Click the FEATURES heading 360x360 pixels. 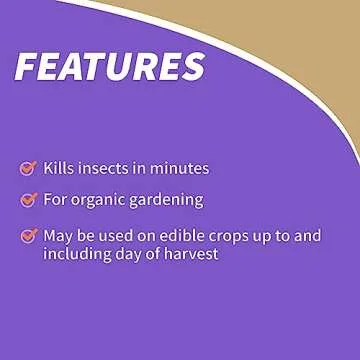109,66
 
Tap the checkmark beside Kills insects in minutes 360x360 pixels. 28,168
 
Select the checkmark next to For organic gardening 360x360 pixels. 28,199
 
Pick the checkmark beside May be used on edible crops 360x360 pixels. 28,236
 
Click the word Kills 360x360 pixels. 59,168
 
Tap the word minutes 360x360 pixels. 180,168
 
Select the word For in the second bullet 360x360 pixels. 55,199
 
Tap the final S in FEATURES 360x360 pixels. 189,66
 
